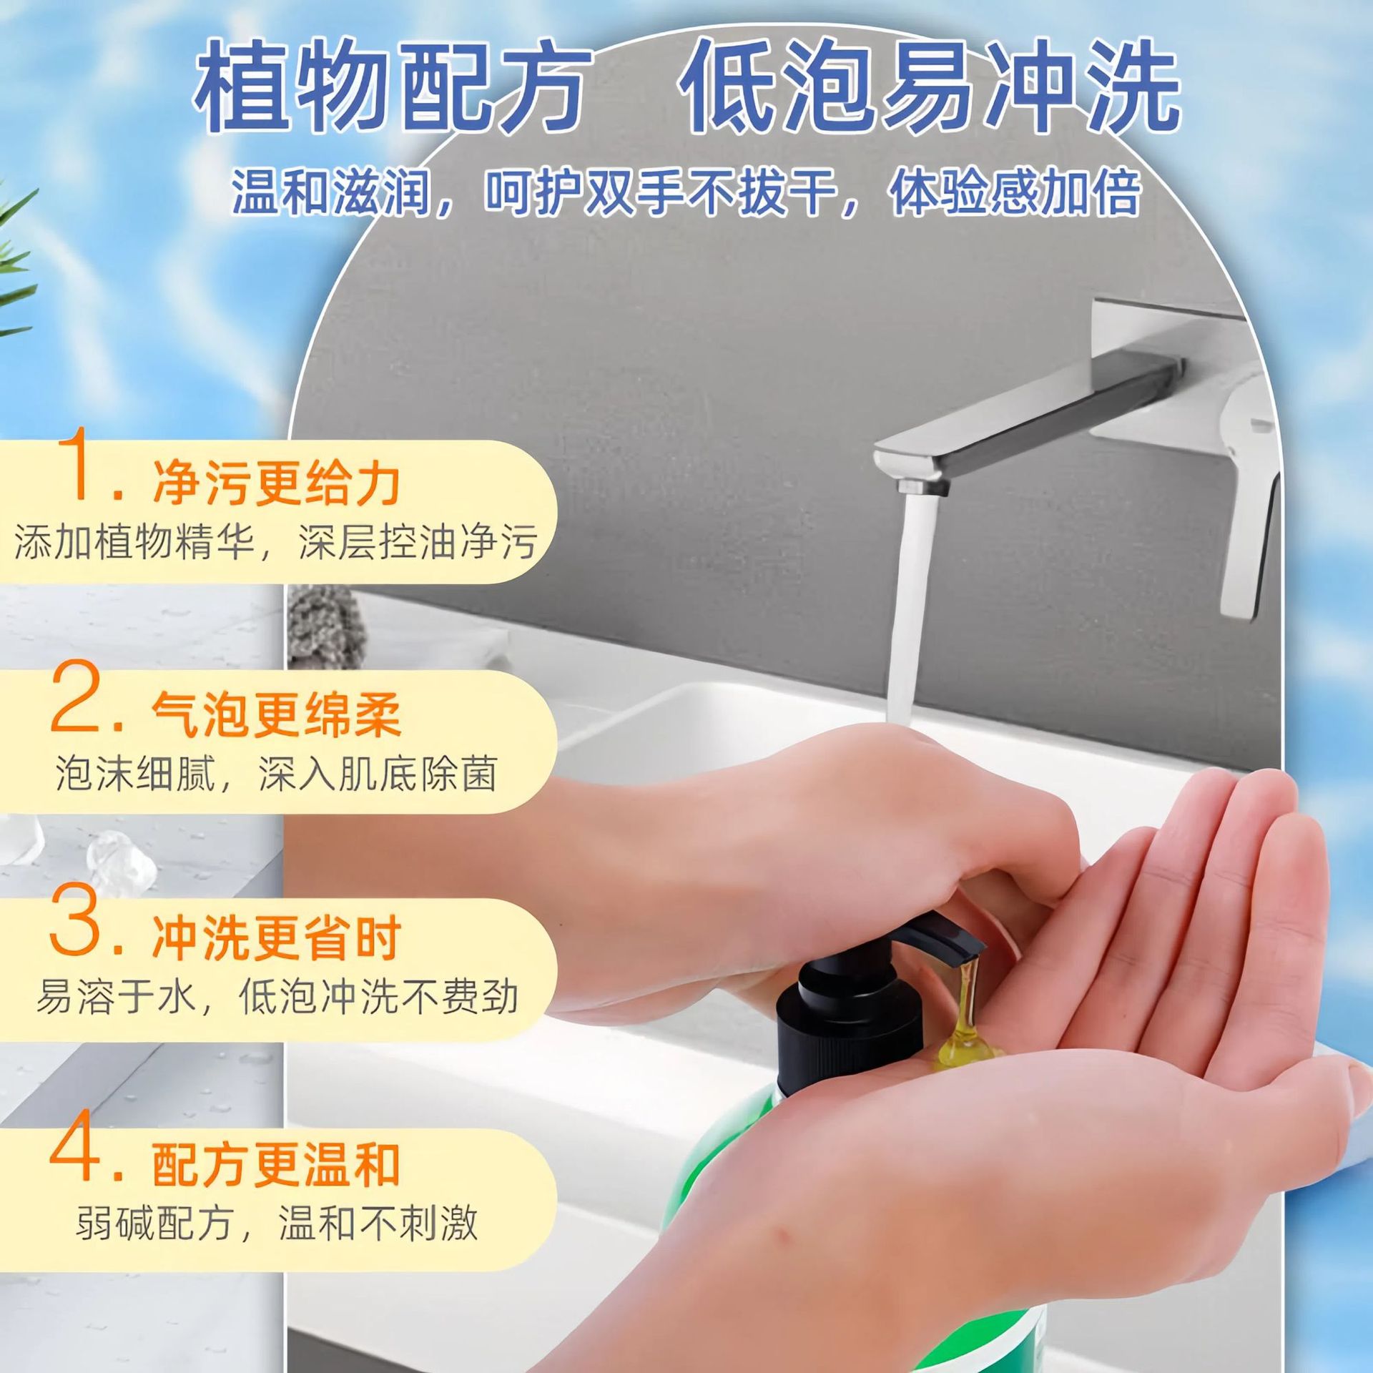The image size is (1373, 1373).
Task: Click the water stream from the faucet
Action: coord(908,608)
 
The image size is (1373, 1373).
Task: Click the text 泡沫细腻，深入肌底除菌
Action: coord(275,774)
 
